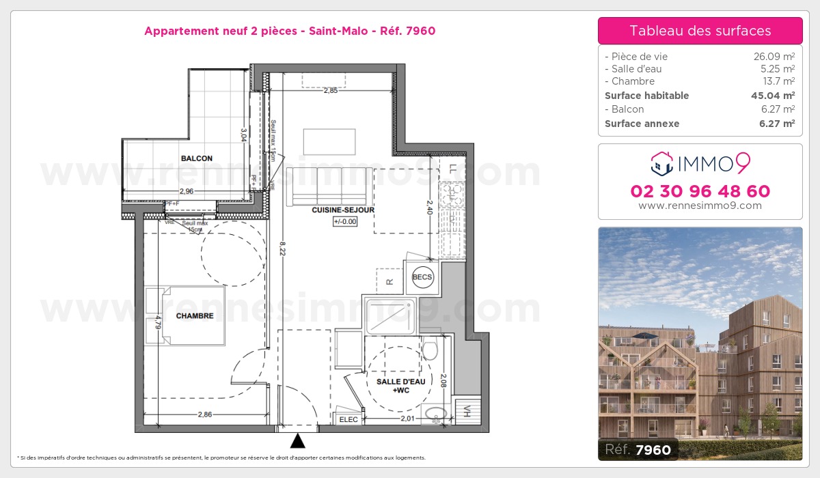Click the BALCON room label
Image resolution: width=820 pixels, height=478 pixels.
[196, 158]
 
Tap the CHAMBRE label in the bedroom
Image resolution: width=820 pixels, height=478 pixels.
[195, 316]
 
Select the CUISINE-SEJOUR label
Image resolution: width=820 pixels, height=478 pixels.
[343, 210]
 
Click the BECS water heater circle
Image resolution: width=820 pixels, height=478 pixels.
[422, 277]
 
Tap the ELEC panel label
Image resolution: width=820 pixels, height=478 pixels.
[348, 420]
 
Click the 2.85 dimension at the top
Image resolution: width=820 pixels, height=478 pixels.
[331, 90]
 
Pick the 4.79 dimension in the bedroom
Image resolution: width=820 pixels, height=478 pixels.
[157, 322]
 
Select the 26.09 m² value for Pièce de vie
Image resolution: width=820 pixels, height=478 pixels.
[774, 57]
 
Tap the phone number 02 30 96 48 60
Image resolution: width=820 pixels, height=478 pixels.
[700, 191]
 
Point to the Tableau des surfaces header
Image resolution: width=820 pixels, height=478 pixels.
[700, 31]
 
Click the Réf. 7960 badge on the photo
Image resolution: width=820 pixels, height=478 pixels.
[638, 449]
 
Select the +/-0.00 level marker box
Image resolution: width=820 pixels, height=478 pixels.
[345, 221]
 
